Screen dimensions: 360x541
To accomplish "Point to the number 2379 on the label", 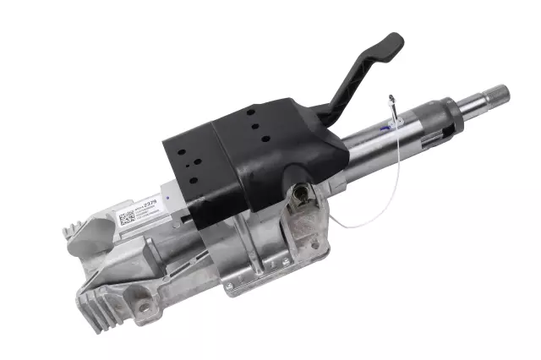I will click(x=150, y=204).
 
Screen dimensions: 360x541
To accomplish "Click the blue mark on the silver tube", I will click(x=391, y=128).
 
